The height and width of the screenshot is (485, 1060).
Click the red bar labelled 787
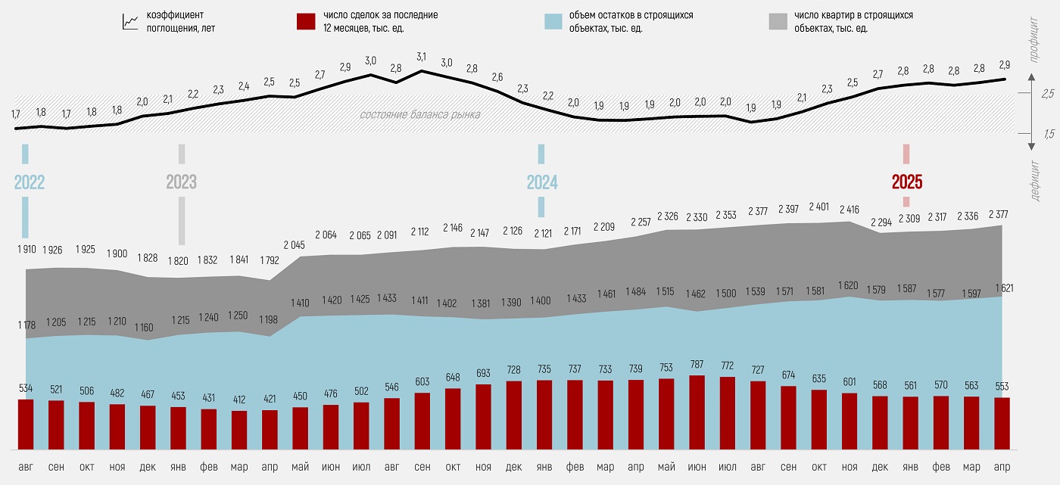pos(697,412)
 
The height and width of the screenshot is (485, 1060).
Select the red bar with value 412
pos(239,430)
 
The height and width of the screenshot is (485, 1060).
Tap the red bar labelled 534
pos(26,424)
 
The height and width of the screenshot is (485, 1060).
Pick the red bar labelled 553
pos(1002,423)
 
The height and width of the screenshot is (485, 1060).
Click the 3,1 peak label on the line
pos(422,57)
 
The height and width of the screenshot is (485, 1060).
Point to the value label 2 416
pos(850,208)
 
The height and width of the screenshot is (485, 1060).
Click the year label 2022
pos(30,182)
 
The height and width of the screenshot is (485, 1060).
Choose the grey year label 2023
pos(181,182)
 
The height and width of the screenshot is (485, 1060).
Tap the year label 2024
pos(542,182)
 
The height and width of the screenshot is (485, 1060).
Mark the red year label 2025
pos(906,182)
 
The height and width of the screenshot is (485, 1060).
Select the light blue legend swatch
pos(554,21)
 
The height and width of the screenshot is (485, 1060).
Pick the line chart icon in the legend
pos(129,21)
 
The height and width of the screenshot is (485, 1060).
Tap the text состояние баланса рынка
pos(419,115)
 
